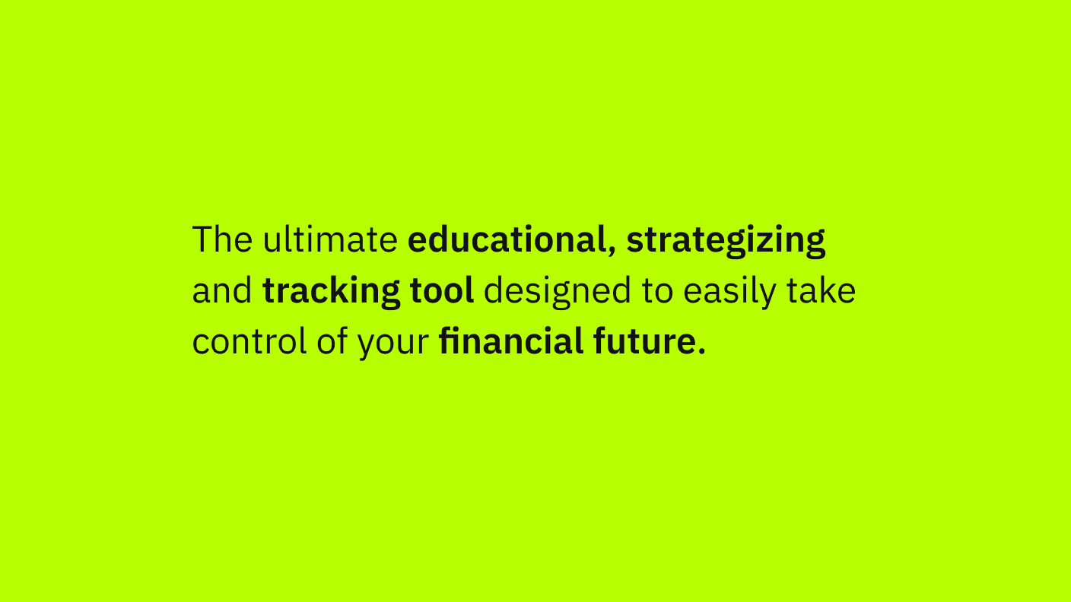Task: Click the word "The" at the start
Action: point(222,239)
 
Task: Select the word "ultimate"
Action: point(330,239)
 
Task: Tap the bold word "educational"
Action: point(507,239)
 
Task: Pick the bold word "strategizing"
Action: point(726,241)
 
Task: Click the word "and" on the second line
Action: point(222,290)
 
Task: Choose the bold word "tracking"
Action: point(331,293)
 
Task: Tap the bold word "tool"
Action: point(442,290)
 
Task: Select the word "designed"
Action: point(558,293)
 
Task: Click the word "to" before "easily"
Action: point(657,291)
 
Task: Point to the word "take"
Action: point(821,290)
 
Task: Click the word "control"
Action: point(249,341)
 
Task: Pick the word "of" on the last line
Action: point(332,341)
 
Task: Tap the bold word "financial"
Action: point(511,341)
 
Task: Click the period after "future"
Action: point(701,350)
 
